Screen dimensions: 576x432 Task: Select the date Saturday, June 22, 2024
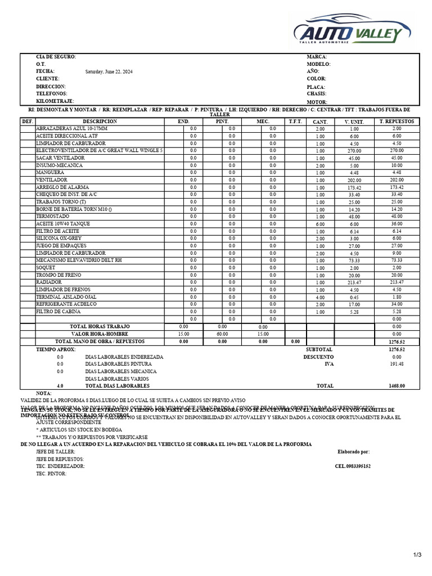click(x=109, y=72)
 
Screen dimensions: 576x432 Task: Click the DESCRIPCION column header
click(x=100, y=121)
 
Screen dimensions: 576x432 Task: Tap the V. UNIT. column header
click(x=354, y=122)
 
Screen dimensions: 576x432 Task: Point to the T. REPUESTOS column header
click(x=397, y=121)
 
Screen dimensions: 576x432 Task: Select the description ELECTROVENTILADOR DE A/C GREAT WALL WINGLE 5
click(x=100, y=151)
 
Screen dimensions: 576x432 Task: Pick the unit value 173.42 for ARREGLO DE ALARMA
click(x=354, y=187)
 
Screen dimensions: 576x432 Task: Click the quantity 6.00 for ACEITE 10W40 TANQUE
click(x=320, y=224)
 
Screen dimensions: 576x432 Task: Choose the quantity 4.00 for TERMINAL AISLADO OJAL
click(x=320, y=297)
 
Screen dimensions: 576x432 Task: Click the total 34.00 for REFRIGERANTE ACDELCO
click(x=397, y=304)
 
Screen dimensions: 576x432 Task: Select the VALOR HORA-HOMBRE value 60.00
click(x=222, y=334)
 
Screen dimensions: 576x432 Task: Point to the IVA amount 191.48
click(x=397, y=364)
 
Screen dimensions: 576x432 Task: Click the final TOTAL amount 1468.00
click(x=397, y=386)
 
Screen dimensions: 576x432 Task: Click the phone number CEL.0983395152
click(x=352, y=466)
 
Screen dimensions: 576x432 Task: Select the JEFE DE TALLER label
click(x=56, y=452)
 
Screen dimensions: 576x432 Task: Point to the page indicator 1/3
click(x=417, y=555)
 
